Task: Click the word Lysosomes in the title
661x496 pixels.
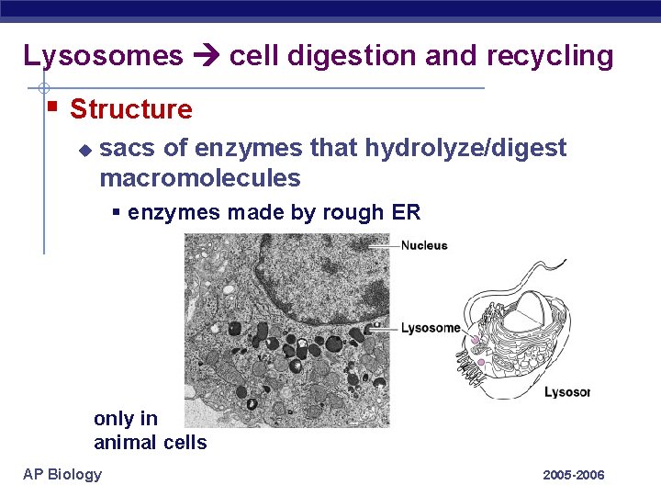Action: (x=103, y=56)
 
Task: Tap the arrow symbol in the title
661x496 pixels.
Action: (x=206, y=56)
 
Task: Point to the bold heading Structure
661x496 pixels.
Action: (x=131, y=109)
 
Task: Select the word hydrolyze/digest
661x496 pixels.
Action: (x=465, y=148)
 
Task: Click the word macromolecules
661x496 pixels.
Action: (x=199, y=177)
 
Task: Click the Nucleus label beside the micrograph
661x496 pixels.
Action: (x=424, y=245)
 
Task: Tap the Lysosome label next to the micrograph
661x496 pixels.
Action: (x=431, y=328)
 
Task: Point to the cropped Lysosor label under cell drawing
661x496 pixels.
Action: (x=566, y=392)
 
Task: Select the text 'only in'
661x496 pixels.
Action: (x=126, y=419)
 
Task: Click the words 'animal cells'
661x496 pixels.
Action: (x=151, y=443)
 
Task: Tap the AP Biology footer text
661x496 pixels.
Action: (x=62, y=474)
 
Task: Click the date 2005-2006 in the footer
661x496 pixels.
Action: (x=574, y=475)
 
